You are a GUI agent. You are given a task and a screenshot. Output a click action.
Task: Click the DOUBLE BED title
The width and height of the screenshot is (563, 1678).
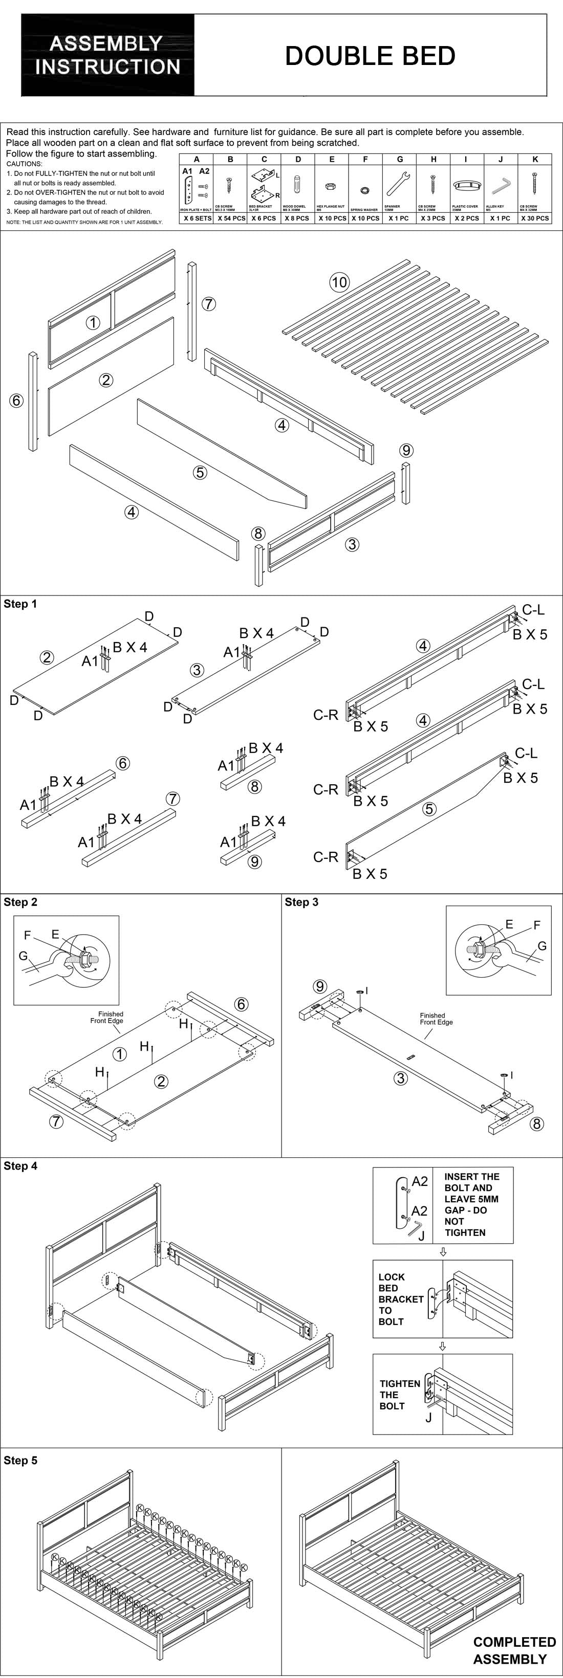tap(370, 56)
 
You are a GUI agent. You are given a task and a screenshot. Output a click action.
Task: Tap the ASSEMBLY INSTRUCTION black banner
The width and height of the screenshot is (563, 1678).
tap(107, 55)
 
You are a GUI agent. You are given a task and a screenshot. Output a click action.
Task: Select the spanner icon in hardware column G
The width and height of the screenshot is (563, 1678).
tap(398, 184)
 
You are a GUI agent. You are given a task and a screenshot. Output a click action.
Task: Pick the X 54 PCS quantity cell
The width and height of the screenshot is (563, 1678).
tap(231, 218)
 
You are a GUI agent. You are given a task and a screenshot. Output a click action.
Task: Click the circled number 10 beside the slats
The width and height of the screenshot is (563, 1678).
tap(339, 282)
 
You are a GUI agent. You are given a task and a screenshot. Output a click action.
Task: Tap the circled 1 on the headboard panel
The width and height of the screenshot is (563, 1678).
tap(93, 322)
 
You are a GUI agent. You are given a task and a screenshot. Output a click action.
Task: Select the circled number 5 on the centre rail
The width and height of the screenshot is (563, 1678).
tap(200, 472)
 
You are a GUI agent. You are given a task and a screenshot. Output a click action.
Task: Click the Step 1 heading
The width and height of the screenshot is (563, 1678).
tap(20, 604)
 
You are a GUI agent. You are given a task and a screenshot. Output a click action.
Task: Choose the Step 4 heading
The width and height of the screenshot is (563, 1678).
tap(20, 1166)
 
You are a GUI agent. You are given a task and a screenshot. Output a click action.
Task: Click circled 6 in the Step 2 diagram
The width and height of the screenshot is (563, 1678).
tap(241, 1004)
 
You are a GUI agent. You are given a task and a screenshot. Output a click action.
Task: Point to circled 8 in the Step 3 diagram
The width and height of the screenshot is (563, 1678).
tap(536, 1123)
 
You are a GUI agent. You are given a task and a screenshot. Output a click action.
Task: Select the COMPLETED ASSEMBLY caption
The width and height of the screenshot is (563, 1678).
tap(514, 1651)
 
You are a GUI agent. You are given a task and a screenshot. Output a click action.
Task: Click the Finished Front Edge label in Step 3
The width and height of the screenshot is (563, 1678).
tap(436, 1019)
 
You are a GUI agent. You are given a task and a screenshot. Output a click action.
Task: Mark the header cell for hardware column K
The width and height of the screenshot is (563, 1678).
tap(535, 159)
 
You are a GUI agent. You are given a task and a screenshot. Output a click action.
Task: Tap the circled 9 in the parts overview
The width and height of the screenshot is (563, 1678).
tap(406, 450)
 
